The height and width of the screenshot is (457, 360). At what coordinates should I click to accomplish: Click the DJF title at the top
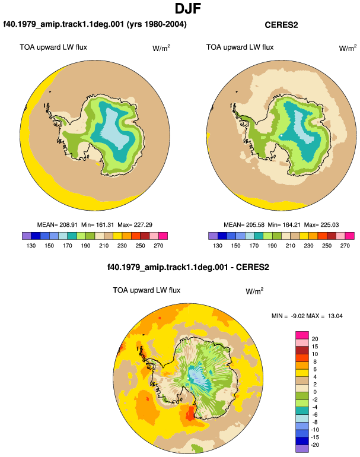tap(188, 8)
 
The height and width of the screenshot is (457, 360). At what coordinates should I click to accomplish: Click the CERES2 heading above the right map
tap(281, 25)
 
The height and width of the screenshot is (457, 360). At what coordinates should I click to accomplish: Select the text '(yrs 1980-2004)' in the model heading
tap(157, 24)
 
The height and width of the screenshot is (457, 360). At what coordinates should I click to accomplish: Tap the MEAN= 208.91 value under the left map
tap(58, 225)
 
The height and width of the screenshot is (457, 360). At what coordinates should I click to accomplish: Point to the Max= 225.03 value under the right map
tap(321, 225)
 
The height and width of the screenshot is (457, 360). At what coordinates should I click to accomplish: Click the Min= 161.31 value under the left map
tap(97, 225)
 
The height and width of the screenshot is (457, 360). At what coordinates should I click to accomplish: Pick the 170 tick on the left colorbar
tap(67, 246)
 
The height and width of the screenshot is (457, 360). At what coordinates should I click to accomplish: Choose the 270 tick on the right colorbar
tap(345, 246)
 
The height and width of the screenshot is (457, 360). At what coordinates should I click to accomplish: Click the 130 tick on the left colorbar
tap(31, 246)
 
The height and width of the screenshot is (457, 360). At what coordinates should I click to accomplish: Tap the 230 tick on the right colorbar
tap(308, 246)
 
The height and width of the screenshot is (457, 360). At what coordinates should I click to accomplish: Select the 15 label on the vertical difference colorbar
tap(315, 347)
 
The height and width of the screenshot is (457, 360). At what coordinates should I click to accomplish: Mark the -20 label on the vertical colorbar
tap(315, 445)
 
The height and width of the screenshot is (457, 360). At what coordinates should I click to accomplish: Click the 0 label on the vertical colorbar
tap(315, 392)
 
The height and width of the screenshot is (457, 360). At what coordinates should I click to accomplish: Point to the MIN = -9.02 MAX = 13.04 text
tap(307, 316)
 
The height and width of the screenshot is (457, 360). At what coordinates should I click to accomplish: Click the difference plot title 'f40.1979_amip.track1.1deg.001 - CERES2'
tap(188, 267)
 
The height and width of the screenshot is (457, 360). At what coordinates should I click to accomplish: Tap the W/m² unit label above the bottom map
tap(254, 291)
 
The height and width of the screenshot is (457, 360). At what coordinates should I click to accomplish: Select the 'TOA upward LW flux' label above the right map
tap(240, 47)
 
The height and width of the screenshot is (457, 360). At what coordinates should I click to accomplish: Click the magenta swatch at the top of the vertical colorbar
tap(302, 335)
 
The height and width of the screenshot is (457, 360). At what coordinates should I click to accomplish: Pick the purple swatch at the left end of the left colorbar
tap(27, 236)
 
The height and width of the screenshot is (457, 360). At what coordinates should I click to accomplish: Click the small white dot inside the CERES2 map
tap(281, 135)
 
